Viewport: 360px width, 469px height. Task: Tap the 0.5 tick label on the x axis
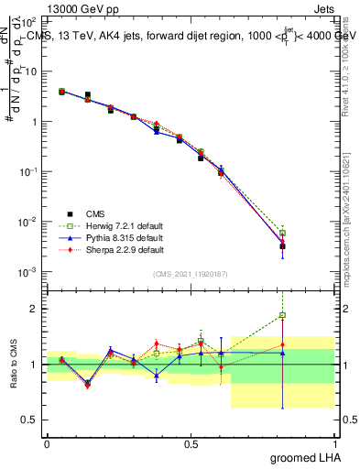[x=191, y=443]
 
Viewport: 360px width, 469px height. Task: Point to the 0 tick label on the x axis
[x=47, y=443]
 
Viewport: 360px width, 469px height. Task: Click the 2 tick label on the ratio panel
[x=36, y=309]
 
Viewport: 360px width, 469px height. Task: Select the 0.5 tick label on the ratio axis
[x=30, y=420]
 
